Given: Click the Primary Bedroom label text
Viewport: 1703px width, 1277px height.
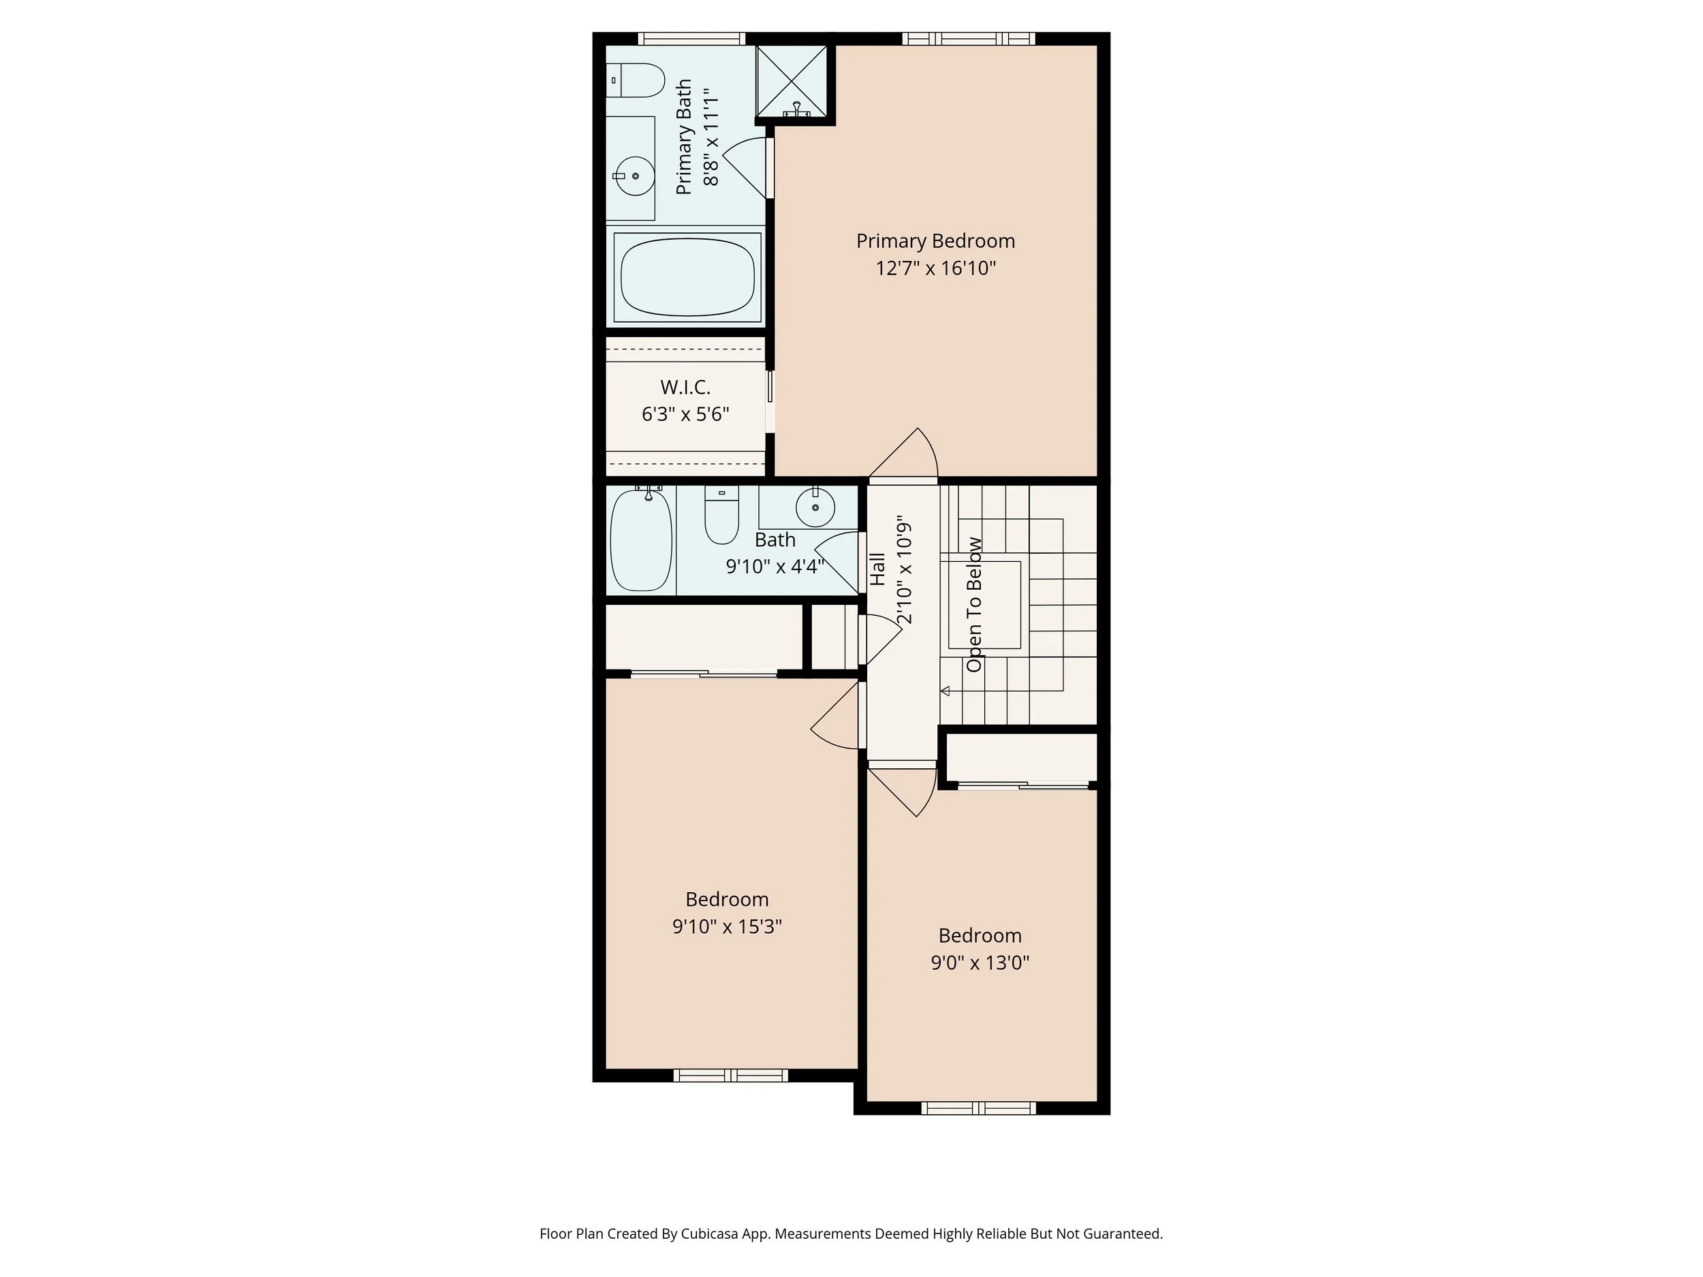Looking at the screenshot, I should [935, 241].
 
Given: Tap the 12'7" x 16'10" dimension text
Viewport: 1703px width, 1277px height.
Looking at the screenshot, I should [935, 268].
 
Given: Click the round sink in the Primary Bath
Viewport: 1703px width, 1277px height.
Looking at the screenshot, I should [634, 176].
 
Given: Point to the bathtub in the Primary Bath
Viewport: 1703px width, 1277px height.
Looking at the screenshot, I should [687, 277].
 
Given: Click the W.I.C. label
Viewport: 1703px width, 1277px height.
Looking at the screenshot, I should [685, 387].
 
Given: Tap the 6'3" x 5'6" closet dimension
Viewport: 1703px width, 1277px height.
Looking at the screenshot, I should [685, 414].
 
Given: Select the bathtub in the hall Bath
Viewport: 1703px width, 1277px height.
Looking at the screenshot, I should [640, 540].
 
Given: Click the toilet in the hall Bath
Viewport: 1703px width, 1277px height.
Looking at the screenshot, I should [721, 516].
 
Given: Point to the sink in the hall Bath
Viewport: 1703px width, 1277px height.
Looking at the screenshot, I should [815, 507].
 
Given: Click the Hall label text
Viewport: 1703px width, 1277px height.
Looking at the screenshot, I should [877, 569].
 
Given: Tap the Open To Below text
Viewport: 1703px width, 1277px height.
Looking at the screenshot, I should [974, 604].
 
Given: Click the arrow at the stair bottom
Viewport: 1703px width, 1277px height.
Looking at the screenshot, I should [946, 691].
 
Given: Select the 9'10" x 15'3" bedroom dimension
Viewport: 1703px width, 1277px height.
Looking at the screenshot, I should [727, 926].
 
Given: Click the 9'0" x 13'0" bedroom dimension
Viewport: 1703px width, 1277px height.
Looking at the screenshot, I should [980, 962].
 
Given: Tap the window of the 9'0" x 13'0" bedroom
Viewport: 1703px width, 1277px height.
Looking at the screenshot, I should [978, 1108].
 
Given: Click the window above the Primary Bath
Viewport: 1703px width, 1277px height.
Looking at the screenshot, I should [691, 39].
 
